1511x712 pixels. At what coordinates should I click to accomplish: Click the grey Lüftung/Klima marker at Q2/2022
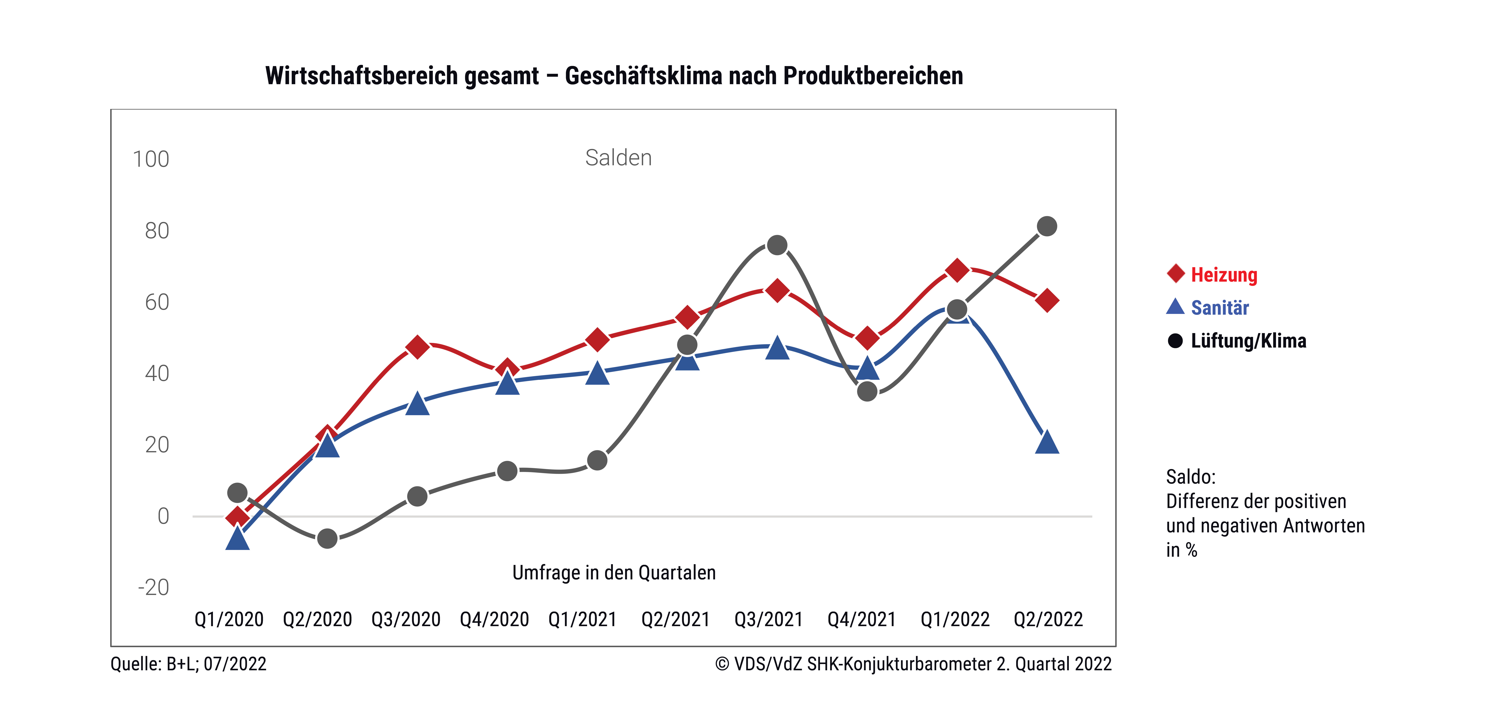click(1047, 226)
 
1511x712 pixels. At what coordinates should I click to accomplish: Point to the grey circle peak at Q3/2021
click(777, 245)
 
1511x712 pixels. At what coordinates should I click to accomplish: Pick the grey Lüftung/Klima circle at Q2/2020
click(327, 538)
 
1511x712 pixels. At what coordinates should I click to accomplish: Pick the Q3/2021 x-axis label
click(768, 619)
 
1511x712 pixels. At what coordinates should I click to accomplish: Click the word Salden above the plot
click(618, 158)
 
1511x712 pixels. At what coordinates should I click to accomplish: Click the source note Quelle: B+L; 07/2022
click(188, 664)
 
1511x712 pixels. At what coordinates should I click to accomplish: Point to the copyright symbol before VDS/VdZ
click(722, 664)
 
